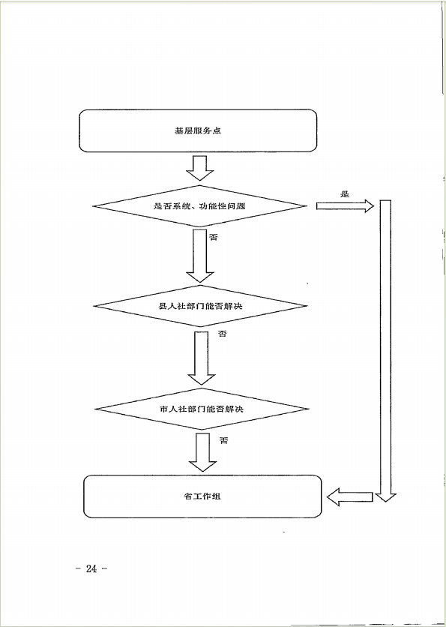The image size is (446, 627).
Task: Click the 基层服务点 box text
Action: coord(197,130)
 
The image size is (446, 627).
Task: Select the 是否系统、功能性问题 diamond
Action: coord(200,206)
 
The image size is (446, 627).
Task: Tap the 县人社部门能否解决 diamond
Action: coord(200,306)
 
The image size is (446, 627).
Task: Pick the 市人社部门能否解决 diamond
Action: coord(202,409)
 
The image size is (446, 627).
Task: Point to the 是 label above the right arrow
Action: coord(345,194)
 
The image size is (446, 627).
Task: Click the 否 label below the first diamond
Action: coord(214,237)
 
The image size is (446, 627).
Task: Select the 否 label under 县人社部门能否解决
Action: coord(222,333)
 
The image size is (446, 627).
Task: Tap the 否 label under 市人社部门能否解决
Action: coord(224,441)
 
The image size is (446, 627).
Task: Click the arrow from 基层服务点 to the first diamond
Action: coord(200,168)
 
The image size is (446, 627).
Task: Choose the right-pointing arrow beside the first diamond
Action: coord(345,206)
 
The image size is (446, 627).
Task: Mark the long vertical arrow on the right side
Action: coord(385,351)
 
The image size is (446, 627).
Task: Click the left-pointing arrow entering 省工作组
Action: coord(350,497)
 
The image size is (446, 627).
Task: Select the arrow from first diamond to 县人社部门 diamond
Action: coord(200,256)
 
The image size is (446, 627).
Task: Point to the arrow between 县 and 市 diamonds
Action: coord(202,358)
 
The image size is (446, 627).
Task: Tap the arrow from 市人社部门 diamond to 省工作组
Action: coord(202,452)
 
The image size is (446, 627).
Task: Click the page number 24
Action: coord(91,568)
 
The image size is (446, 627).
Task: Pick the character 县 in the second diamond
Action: coord(163,307)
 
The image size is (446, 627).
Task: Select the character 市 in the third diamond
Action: coord(163,409)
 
